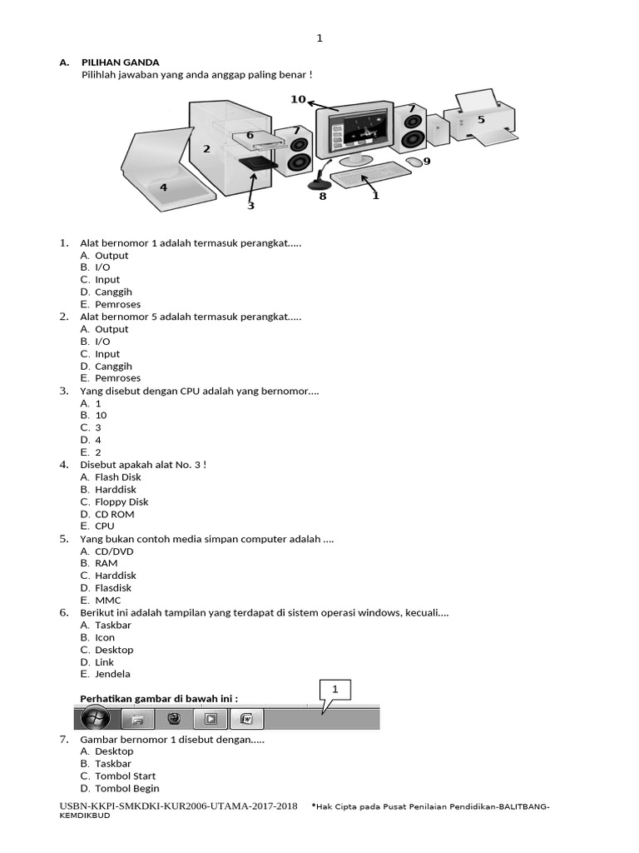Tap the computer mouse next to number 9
(413, 161)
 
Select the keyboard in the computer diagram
(370, 177)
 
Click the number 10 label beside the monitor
(298, 99)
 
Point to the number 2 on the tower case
(206, 149)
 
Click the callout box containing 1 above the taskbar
(335, 690)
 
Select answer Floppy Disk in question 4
(121, 502)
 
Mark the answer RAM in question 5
(106, 563)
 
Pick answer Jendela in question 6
(112, 674)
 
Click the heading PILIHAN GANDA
(120, 62)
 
